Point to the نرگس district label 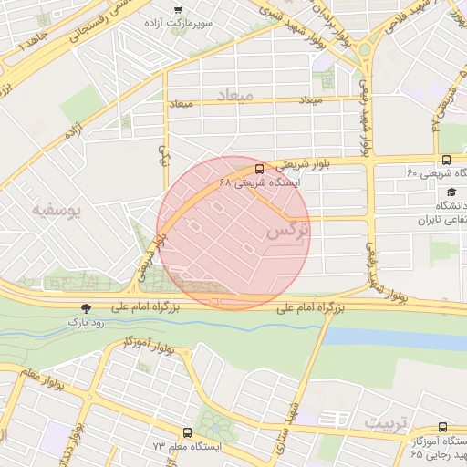click(x=287, y=233)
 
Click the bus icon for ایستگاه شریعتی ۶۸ click(x=260, y=169)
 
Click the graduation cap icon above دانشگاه click(x=451, y=192)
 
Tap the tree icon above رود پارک click(x=87, y=309)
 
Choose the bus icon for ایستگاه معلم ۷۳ click(x=187, y=433)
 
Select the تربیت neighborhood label click(x=382, y=422)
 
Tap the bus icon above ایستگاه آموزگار click(x=443, y=427)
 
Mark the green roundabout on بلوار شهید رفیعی click(x=364, y=49)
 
